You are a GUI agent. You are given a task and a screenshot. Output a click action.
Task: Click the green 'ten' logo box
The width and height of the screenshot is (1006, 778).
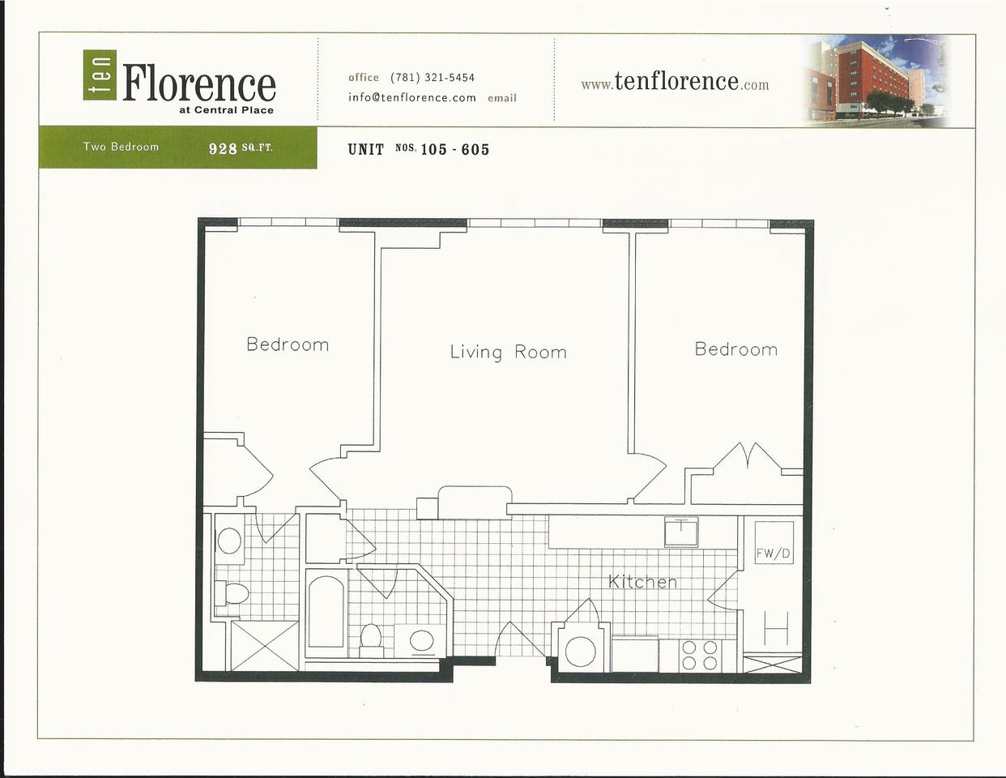tap(100, 75)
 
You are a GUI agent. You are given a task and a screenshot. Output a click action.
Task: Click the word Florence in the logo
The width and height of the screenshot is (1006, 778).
tap(199, 83)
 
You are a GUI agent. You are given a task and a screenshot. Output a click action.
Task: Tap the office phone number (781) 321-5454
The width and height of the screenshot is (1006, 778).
tap(433, 77)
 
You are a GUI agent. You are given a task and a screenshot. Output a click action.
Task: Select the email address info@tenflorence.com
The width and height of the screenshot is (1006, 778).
tap(412, 98)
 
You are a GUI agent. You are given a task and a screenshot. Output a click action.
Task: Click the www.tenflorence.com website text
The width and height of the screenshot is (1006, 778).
tap(675, 83)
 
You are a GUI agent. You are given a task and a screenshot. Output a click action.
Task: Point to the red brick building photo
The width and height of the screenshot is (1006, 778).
tap(877, 79)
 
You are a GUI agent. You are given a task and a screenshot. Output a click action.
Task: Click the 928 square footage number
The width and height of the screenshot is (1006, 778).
tap(223, 148)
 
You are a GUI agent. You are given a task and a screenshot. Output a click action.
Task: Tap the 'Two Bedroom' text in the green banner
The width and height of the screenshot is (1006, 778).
tap(121, 147)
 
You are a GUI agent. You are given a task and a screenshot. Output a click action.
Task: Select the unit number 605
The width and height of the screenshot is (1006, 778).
tap(475, 150)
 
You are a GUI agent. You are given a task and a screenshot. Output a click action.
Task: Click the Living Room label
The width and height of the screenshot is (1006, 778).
tap(509, 353)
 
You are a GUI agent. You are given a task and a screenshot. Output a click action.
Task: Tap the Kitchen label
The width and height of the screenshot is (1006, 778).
tap(642, 582)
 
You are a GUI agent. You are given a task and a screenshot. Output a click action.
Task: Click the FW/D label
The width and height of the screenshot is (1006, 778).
tap(773, 554)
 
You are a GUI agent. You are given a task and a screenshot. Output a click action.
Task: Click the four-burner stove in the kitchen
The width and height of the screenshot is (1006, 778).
tap(699, 656)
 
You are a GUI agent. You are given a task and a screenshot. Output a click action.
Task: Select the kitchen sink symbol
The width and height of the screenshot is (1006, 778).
tap(681, 532)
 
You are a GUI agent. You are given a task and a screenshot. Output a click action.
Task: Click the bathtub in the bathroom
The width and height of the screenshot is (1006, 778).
tap(326, 612)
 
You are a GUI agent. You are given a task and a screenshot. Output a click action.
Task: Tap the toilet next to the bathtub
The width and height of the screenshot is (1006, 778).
tap(371, 639)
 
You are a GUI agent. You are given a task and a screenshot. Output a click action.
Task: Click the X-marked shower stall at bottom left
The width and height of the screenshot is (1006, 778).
tap(265, 646)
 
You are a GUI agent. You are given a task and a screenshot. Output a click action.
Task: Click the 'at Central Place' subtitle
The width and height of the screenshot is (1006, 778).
tap(226, 110)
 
